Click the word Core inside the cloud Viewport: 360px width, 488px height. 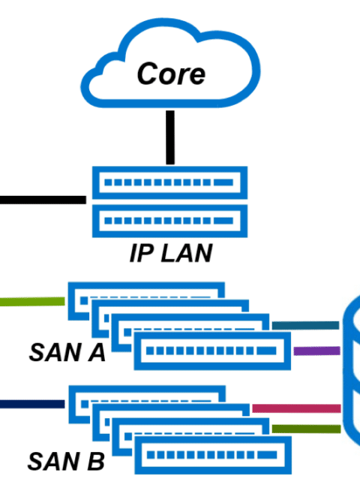point(171,74)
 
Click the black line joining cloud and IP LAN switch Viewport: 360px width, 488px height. point(170,137)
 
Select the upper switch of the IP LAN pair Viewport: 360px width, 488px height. point(169,182)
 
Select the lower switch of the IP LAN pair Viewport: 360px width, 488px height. point(169,221)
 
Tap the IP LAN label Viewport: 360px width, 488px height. point(171,253)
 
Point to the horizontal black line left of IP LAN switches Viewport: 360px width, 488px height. point(43,200)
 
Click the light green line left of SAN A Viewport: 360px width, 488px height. point(32,302)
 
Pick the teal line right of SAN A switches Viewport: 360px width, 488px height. point(305,325)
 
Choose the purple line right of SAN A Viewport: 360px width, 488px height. point(316,351)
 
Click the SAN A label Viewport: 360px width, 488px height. point(67,352)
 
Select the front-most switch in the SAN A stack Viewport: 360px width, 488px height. point(212,351)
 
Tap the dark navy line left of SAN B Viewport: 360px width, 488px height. point(32,404)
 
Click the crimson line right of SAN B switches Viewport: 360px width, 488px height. point(296,408)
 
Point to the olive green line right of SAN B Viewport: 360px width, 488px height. point(306,429)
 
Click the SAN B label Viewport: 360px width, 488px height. point(66,461)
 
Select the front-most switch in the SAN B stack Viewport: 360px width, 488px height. point(213,455)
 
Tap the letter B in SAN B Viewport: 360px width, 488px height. point(96,461)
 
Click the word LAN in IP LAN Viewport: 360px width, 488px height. point(187,253)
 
